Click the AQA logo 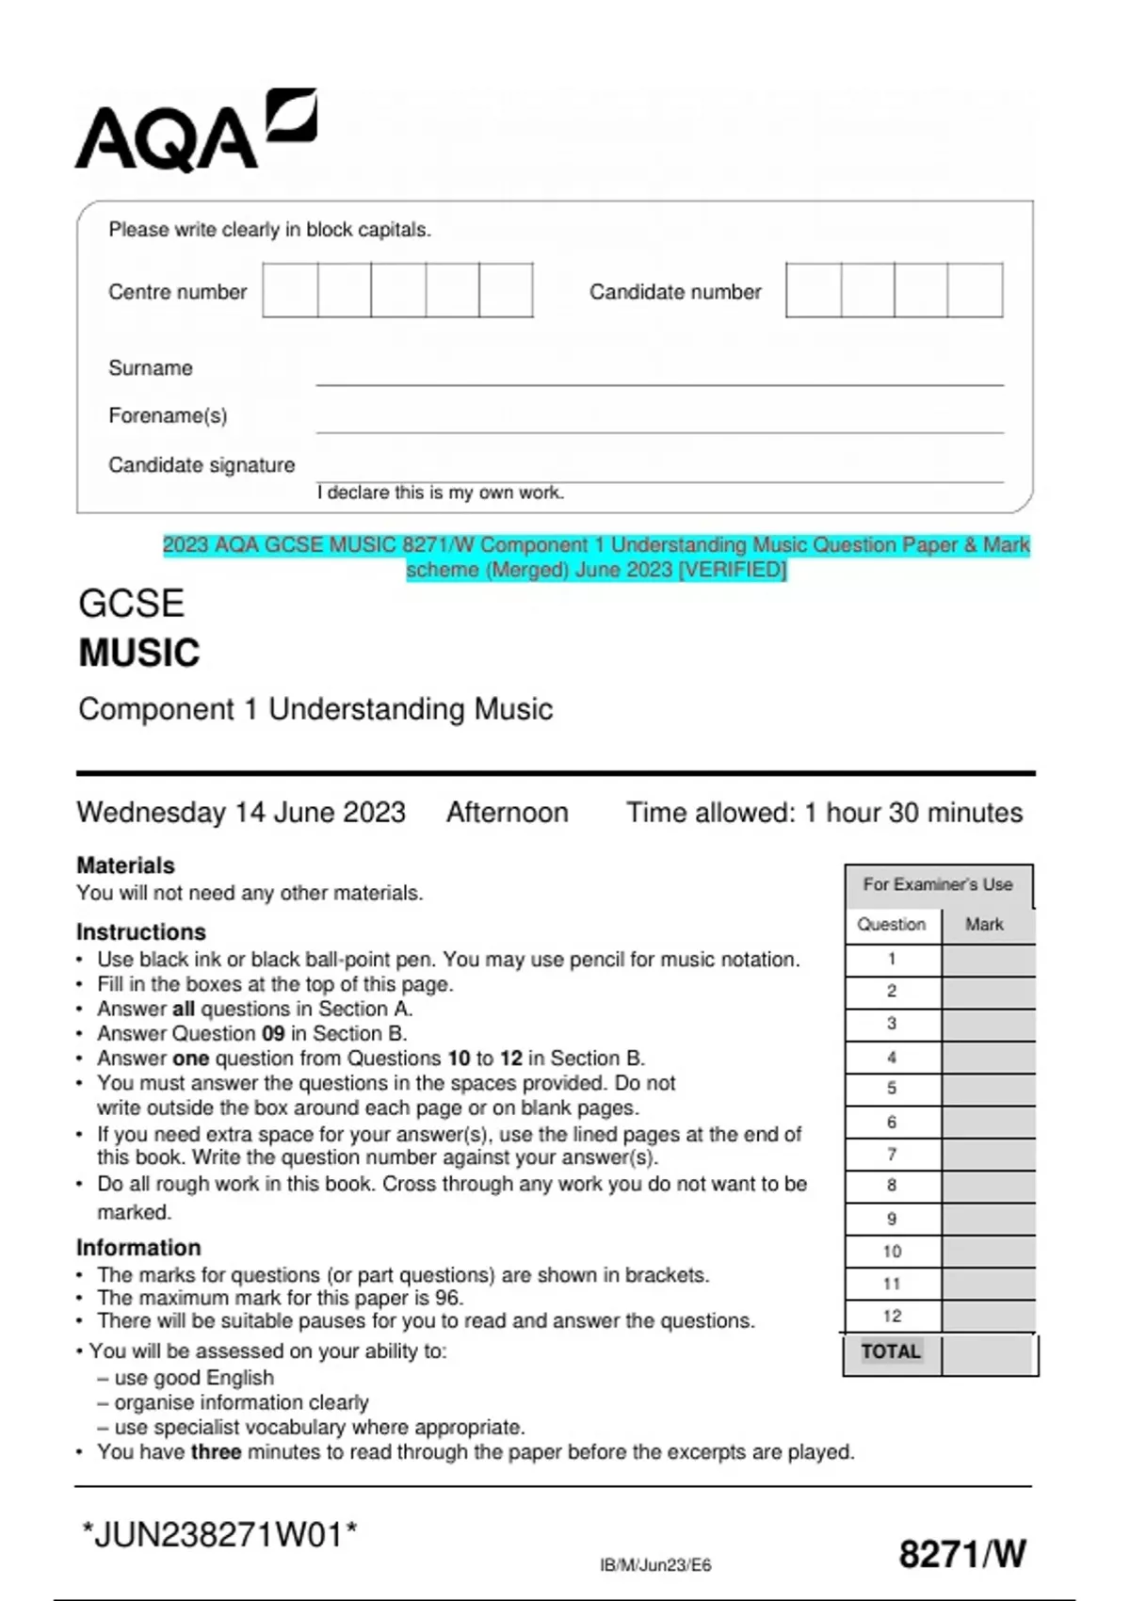pyautogui.click(x=195, y=131)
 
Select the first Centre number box pyautogui.click(x=290, y=290)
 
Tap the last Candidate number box pyautogui.click(x=975, y=290)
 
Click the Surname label pyautogui.click(x=151, y=368)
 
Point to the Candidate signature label pyautogui.click(x=202, y=465)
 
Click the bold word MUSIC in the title pyautogui.click(x=139, y=654)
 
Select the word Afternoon pyautogui.click(x=507, y=813)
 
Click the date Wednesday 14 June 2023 pyautogui.click(x=241, y=813)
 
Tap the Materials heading pyautogui.click(x=125, y=865)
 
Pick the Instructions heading pyautogui.click(x=141, y=932)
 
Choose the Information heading pyautogui.click(x=138, y=1248)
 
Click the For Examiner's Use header pyautogui.click(x=938, y=885)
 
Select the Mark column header pyautogui.click(x=984, y=925)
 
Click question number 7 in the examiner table pyautogui.click(x=892, y=1155)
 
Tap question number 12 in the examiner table pyautogui.click(x=892, y=1317)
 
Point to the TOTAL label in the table pyautogui.click(x=891, y=1352)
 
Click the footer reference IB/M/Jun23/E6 pyautogui.click(x=655, y=1565)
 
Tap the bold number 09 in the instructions pyautogui.click(x=272, y=1034)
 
